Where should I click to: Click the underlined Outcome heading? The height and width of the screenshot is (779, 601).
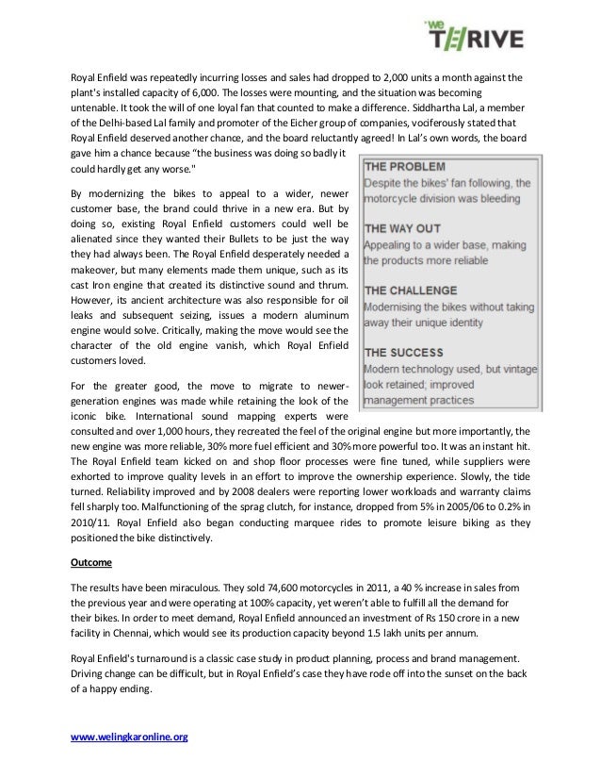coord(92,562)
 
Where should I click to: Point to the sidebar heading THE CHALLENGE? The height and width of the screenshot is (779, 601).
coord(411,290)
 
